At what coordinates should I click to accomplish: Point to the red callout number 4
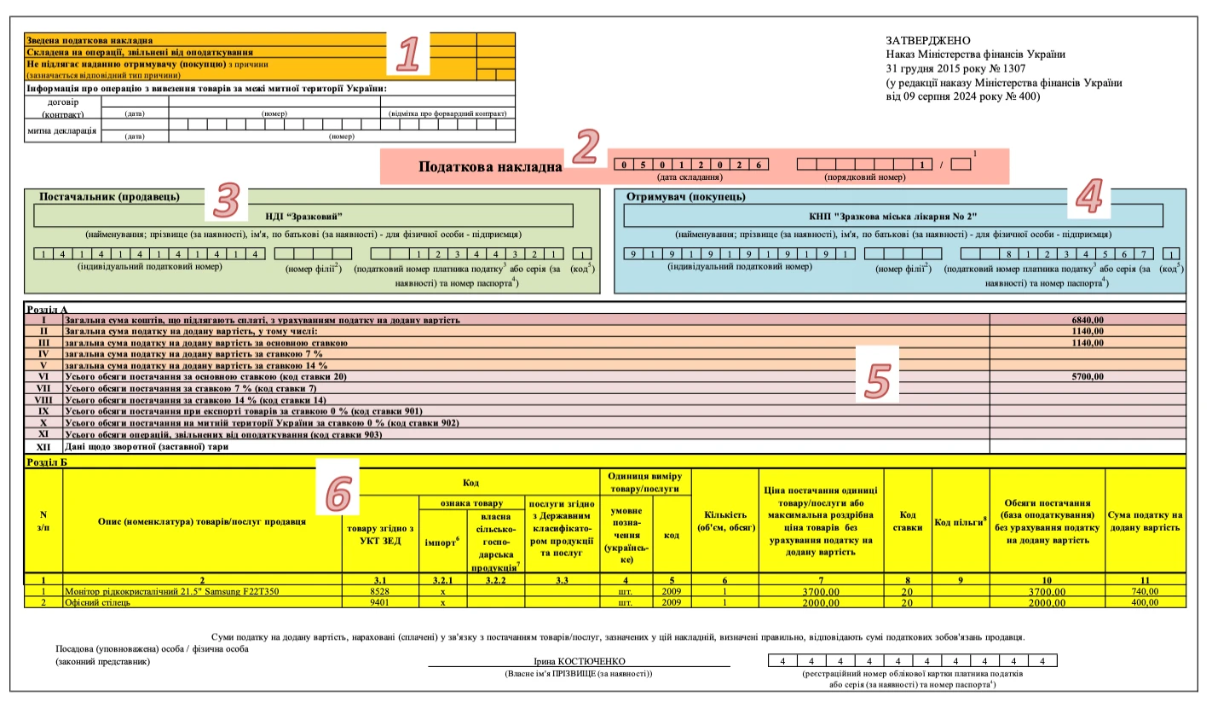point(1089,198)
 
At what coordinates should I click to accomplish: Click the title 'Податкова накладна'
point(490,167)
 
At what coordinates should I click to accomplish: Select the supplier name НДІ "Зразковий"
point(303,215)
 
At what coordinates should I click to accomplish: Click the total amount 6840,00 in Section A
point(1088,320)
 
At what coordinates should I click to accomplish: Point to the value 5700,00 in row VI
point(1088,376)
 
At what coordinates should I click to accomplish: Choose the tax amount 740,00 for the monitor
point(1144,591)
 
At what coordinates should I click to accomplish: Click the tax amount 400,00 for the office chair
point(1144,602)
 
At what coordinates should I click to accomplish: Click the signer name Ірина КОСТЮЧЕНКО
point(579,661)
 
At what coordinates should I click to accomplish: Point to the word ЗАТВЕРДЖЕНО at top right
point(927,41)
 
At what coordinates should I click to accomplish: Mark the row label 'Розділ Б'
point(47,462)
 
